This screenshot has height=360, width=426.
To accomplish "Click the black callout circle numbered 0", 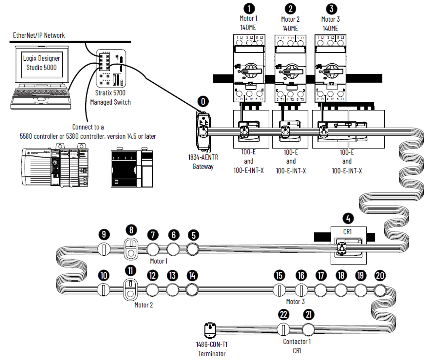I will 203,101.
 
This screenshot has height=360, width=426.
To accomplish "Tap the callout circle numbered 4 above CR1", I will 348,218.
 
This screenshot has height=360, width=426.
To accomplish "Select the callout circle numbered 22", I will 283,314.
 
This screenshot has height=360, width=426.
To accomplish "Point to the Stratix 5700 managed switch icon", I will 111,68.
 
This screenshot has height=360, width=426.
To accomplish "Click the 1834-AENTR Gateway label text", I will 203,162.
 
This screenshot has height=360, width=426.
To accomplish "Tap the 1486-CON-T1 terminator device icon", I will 210,330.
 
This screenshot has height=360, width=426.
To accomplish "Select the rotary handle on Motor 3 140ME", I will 331,70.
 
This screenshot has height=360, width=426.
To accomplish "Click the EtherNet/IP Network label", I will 39,35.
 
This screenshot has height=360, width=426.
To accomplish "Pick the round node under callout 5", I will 192,249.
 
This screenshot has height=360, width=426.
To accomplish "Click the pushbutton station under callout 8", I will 131,249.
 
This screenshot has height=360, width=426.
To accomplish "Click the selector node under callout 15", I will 279,290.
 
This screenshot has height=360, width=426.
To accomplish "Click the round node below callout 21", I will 308,329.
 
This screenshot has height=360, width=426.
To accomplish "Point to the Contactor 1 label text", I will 297,342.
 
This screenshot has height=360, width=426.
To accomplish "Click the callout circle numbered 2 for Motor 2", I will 290,9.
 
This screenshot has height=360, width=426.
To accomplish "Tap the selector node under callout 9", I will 104,249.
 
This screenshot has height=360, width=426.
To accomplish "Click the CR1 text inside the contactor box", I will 347,232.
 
